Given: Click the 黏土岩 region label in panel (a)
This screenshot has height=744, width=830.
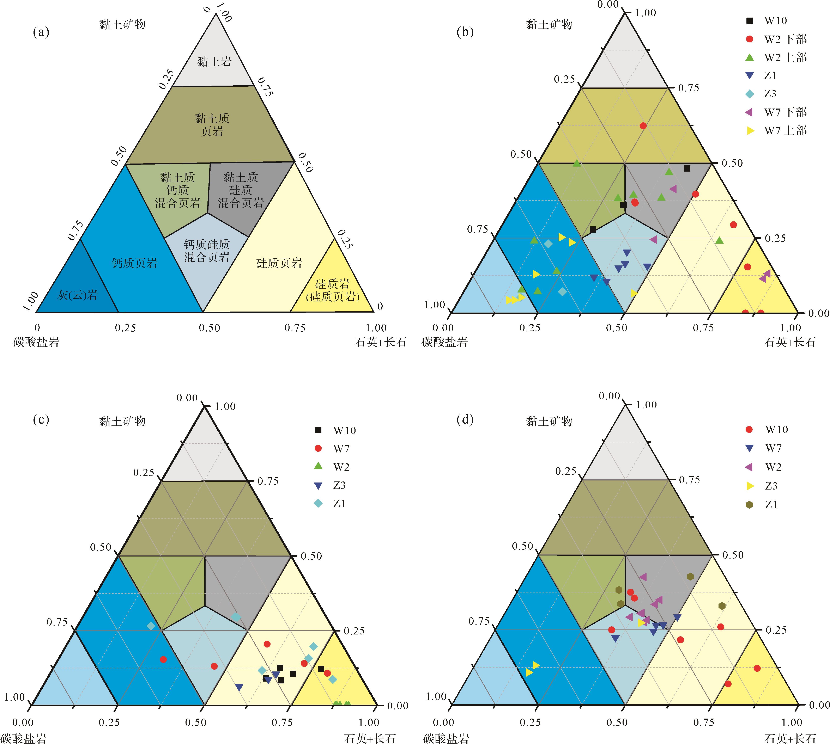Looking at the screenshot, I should pyautogui.click(x=214, y=62).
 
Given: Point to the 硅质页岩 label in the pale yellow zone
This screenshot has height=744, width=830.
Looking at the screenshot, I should pyautogui.click(x=279, y=263).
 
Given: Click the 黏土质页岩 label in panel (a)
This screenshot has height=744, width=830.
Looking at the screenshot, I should pyautogui.click(x=212, y=125).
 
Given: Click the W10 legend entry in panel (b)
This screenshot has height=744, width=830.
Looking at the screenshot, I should pyautogui.click(x=775, y=20).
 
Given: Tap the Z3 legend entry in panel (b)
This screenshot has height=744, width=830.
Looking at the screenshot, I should pyautogui.click(x=770, y=94).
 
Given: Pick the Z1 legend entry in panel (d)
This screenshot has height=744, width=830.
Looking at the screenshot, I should pyautogui.click(x=771, y=505).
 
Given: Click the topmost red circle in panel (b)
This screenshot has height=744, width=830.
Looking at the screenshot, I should pyautogui.click(x=643, y=125).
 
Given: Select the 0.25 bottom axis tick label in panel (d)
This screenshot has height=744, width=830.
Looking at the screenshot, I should pyautogui.click(x=530, y=722).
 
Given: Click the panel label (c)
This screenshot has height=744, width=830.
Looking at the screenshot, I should pyautogui.click(x=41, y=420).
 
